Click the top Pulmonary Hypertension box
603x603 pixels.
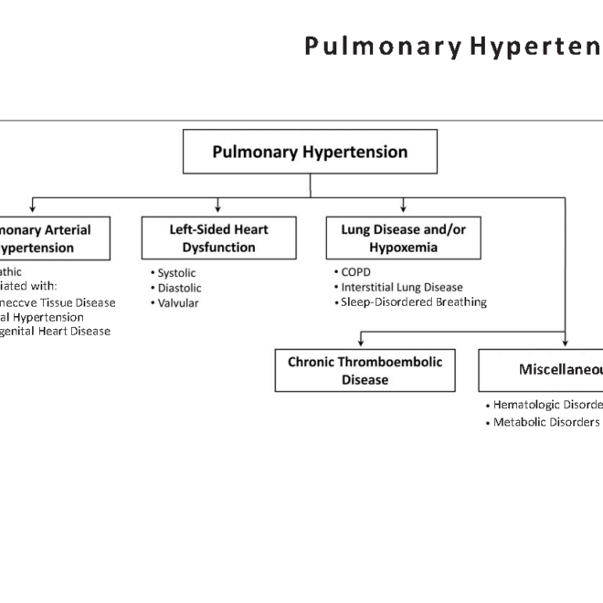(310, 152)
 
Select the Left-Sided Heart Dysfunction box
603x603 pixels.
(219, 238)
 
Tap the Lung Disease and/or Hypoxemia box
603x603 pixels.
(403, 238)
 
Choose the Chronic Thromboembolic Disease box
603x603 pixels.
(365, 370)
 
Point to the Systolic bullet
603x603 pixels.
(175, 273)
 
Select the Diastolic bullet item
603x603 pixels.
(177, 288)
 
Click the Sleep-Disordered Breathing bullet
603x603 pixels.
(412, 301)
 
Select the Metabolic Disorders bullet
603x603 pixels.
(545, 422)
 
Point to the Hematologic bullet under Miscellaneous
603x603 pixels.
(545, 405)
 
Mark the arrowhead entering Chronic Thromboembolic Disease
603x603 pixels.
(360, 343)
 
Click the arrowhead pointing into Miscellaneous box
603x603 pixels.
(566, 343)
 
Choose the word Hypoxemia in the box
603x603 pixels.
(403, 248)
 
